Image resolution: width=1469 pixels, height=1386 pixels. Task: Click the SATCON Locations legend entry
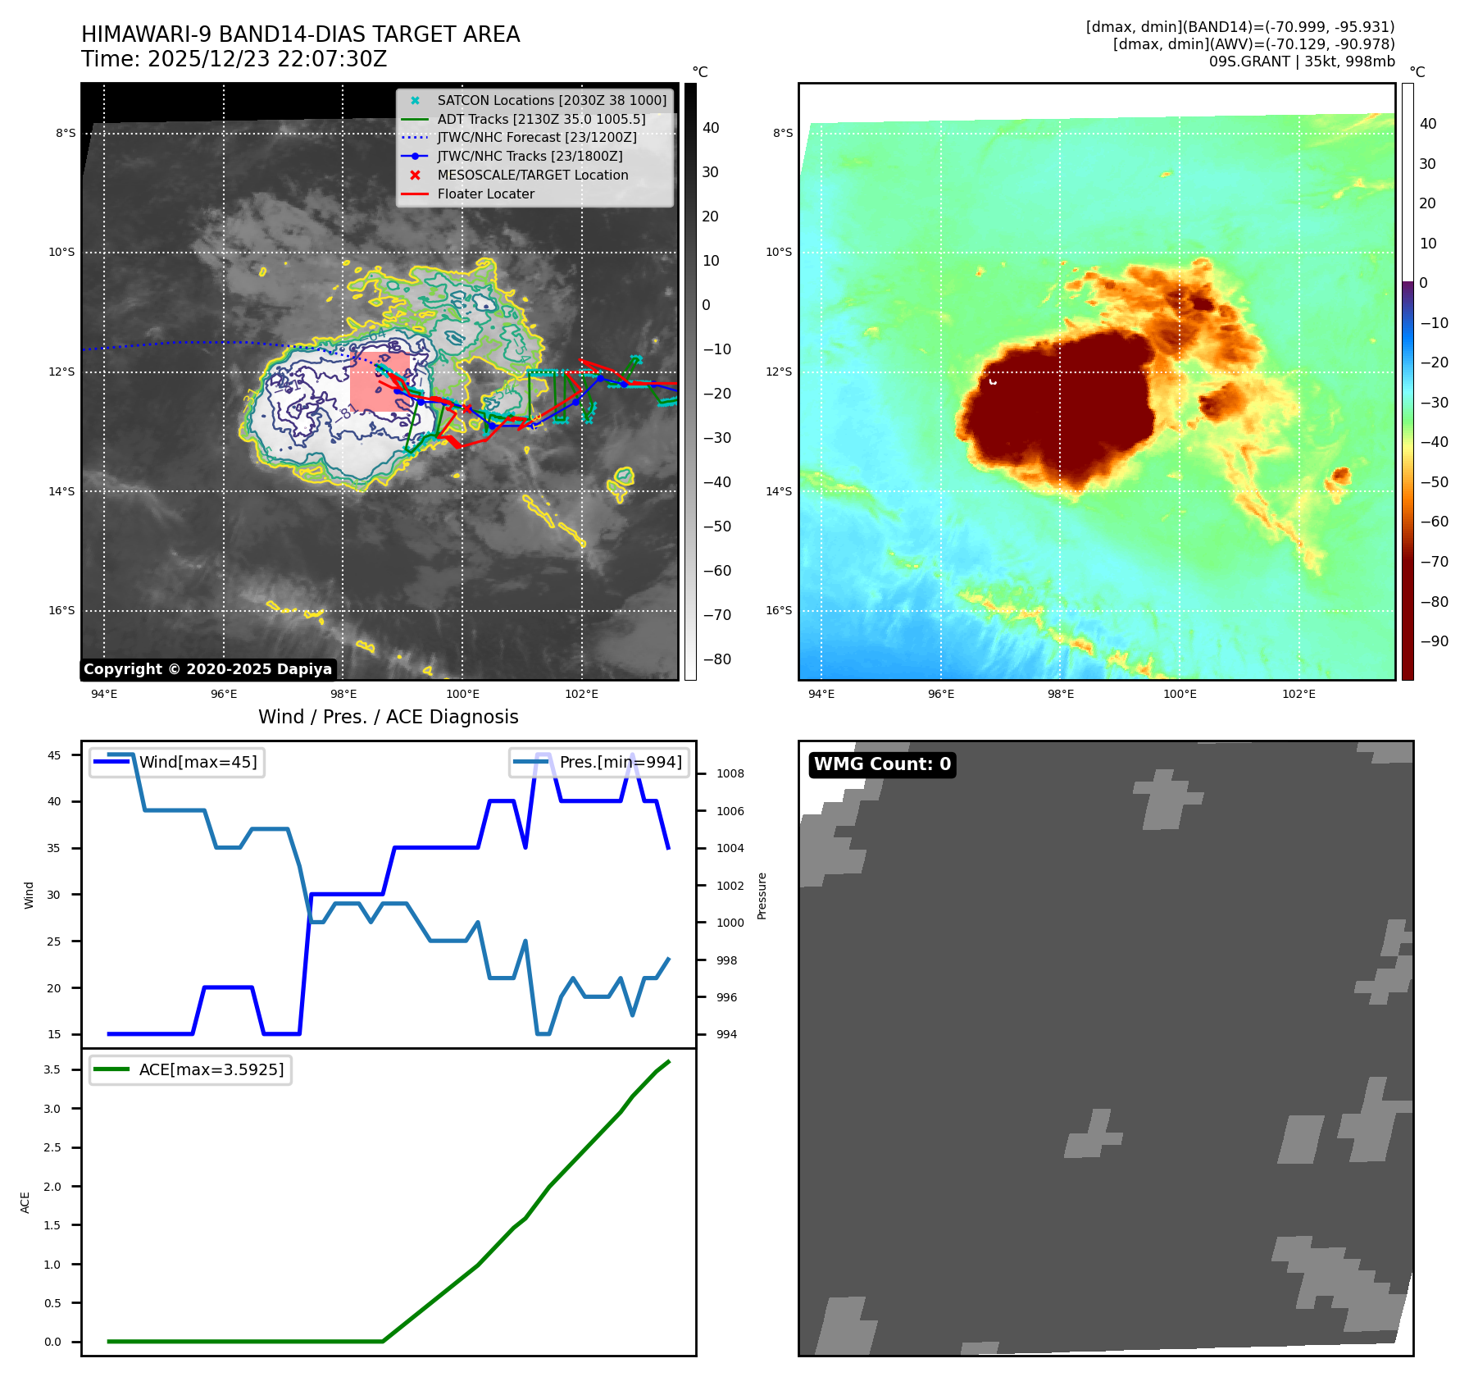[552, 100]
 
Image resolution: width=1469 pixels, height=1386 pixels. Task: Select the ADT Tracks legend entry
[541, 119]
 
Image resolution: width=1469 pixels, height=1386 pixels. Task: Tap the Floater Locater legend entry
[485, 194]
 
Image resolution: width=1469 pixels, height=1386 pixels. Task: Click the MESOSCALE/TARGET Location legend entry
[532, 176]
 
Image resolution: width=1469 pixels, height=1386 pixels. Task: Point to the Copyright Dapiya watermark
[208, 669]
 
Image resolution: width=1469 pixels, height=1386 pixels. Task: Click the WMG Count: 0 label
[882, 764]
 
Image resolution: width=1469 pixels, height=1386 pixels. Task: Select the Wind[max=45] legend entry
[198, 762]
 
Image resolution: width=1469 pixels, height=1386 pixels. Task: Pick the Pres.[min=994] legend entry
[620, 762]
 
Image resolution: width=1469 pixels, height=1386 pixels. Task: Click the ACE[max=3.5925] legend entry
[211, 1069]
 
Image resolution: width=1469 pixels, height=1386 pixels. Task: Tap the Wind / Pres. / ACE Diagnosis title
[389, 717]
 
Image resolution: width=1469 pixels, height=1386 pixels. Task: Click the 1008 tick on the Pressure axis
[730, 773]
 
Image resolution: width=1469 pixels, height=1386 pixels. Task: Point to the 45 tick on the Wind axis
[54, 755]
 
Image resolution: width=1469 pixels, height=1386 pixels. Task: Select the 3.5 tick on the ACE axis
[52, 1069]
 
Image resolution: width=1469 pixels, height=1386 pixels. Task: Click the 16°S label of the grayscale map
[61, 610]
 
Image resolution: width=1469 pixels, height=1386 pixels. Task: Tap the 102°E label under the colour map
[1298, 695]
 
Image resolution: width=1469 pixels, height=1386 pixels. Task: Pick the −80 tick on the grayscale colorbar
[717, 659]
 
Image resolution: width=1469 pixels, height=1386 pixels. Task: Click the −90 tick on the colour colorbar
[1434, 641]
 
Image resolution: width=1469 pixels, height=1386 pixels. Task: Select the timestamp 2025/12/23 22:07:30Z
[267, 60]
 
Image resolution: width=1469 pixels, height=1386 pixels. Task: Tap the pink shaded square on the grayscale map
[380, 382]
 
